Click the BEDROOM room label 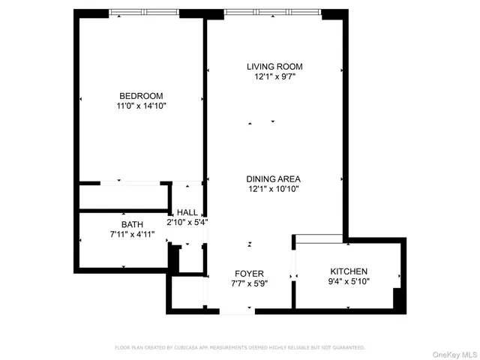point(141,95)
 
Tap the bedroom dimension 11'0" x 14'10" point(141,106)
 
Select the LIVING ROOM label point(274,67)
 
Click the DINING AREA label point(274,178)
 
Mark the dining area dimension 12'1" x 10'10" point(274,190)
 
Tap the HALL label point(187,212)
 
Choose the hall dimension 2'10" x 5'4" point(187,222)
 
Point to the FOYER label point(249,273)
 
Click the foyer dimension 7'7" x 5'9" point(249,283)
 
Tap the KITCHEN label point(349,271)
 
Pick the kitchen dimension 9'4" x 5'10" point(349,281)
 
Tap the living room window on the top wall point(273,13)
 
